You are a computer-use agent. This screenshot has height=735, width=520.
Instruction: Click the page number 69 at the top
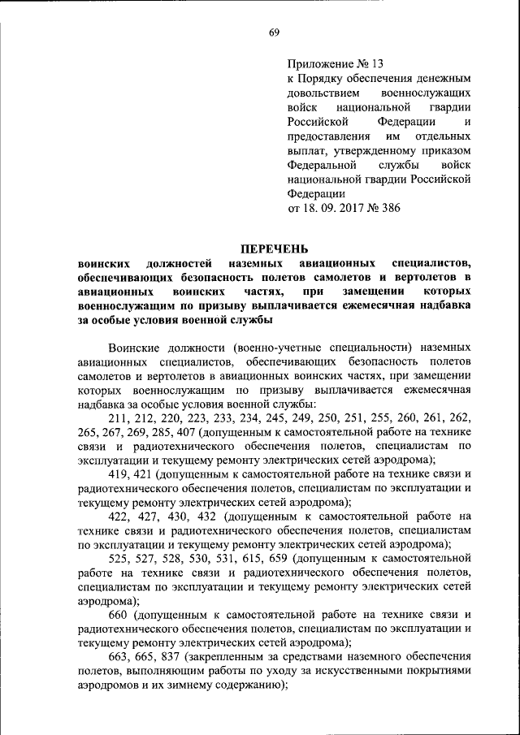274,32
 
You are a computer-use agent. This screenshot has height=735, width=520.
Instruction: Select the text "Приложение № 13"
335,63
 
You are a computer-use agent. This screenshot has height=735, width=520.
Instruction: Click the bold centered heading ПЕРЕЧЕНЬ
274,249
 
